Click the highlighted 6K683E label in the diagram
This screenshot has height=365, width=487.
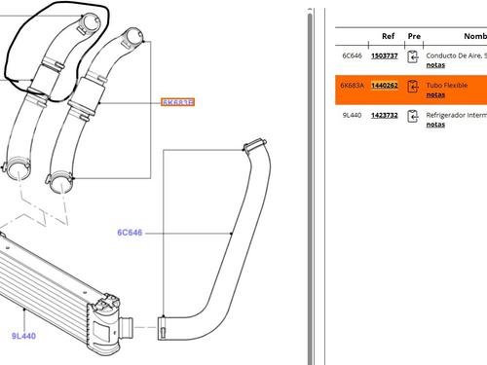178,102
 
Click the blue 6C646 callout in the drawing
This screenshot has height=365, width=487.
131,233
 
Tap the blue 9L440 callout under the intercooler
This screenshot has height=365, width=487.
24,336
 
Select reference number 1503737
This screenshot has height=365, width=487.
385,56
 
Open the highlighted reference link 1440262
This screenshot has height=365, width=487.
385,86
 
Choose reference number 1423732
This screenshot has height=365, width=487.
385,115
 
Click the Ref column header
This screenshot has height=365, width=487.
388,35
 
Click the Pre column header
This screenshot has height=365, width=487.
413,35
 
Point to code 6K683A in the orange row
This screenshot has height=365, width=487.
351,86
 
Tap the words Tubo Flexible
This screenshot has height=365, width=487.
447,86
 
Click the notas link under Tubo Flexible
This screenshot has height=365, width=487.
435,95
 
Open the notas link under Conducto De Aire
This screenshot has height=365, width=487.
435,66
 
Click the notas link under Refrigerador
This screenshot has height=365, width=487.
435,125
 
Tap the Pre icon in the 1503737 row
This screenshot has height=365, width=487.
413,57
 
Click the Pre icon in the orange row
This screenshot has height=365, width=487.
413,87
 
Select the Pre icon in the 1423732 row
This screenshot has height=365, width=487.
413,116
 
